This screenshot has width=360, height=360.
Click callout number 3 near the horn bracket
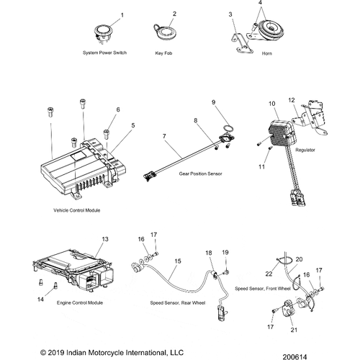pos(231,15)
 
